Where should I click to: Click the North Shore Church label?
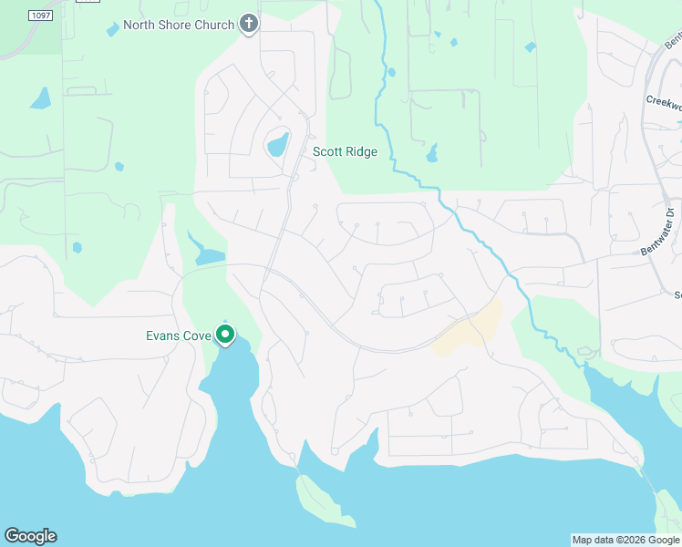179,25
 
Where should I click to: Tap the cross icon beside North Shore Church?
249,25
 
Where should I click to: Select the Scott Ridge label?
345,151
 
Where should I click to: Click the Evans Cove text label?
179,335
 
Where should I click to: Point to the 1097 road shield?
39,16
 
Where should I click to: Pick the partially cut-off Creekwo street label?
663,102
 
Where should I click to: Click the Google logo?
30,536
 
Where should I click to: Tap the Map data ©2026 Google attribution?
625,540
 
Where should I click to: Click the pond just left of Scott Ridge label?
277,144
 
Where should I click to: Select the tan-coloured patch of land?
470,331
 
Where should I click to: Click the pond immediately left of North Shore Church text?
112,29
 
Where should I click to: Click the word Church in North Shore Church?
215,25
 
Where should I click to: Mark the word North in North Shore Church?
139,25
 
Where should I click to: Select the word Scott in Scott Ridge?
327,151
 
